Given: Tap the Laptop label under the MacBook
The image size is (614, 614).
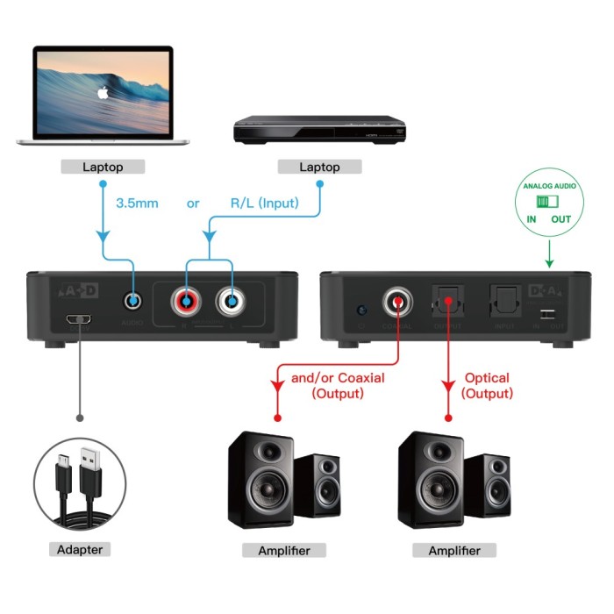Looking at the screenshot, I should [104, 167].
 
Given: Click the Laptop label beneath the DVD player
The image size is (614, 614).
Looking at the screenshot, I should [320, 167].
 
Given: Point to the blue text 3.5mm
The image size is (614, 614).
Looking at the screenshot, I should [137, 203].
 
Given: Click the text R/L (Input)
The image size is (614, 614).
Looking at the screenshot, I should [263, 203].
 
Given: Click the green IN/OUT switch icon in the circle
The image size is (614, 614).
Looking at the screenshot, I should [549, 202].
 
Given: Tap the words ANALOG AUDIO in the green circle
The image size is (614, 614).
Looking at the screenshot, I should [549, 186].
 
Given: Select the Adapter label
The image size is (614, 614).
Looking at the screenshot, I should [79, 550].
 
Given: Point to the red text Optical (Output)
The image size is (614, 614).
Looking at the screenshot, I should [487, 386].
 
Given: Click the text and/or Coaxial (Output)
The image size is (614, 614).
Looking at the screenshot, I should [337, 386].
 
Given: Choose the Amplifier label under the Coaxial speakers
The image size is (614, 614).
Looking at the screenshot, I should [283, 550].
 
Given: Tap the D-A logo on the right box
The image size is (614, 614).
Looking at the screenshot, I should [547, 289].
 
